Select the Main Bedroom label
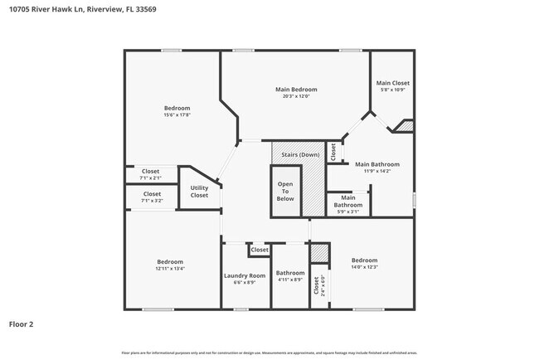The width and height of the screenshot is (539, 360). coord(296,89)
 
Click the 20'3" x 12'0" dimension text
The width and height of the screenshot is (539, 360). coord(296,96)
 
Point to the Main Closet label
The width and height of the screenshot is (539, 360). coord(392,83)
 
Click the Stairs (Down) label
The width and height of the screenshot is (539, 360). coord(300,154)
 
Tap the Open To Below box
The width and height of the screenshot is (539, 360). coord(285,192)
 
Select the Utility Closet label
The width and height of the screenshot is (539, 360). coord(199,192)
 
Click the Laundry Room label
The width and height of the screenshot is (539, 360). coord(245,275)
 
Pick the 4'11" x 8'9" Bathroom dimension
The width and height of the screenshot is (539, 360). coord(290,281)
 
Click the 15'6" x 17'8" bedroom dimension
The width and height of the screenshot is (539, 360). coord(177,115)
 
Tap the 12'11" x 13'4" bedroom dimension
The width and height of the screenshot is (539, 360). coord(170,269)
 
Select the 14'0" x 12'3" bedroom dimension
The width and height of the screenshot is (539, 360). coord(364,266)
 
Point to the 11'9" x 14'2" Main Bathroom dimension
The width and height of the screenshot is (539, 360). coord(377,172)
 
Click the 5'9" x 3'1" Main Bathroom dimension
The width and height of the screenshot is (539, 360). coord(348,212)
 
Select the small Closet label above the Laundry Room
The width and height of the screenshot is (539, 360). coord(260,250)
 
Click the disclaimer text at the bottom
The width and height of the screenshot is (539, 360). coord(269,353)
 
